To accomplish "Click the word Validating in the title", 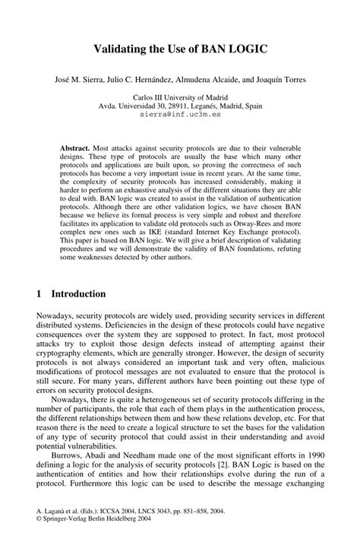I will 124,49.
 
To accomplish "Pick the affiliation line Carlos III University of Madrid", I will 180,98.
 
